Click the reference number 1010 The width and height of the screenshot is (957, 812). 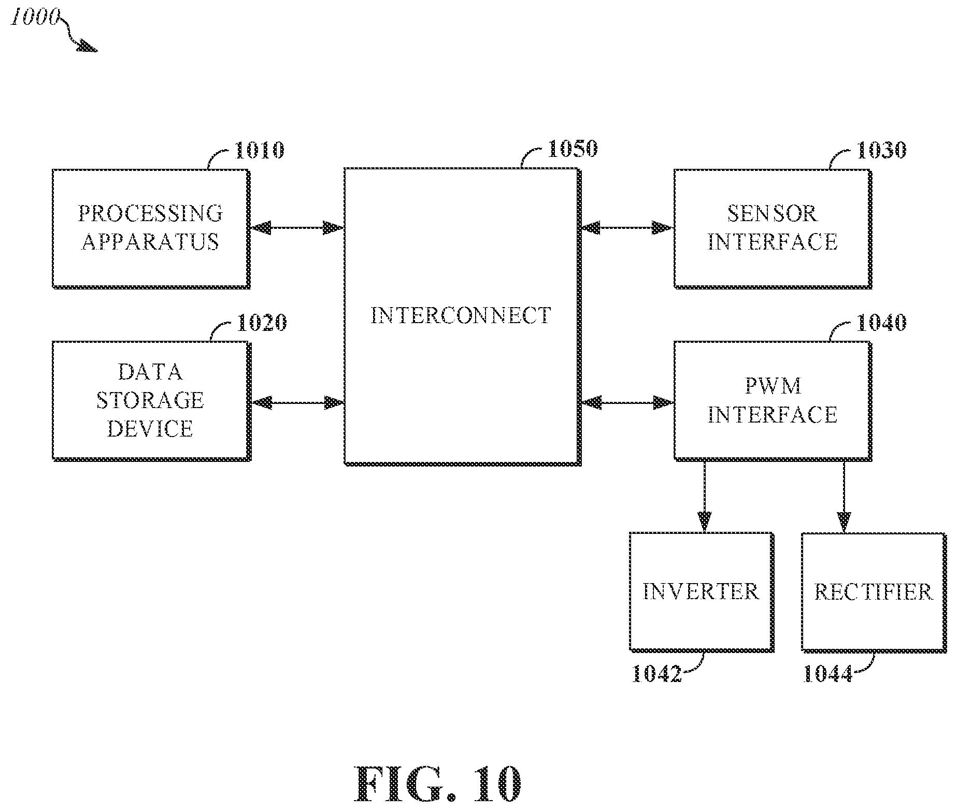(x=260, y=151)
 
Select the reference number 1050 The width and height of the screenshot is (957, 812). (x=573, y=149)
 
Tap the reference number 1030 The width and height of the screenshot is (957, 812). (x=881, y=151)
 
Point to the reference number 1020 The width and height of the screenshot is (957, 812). (x=262, y=323)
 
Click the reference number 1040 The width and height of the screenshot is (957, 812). (x=881, y=323)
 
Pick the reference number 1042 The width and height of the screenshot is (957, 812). (x=656, y=674)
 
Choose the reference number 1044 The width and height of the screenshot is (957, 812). (x=827, y=674)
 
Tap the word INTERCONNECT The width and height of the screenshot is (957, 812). (x=461, y=316)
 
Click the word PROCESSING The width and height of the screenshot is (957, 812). (x=151, y=213)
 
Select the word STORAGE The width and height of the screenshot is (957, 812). (x=151, y=400)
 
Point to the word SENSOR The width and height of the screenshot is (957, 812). (x=772, y=213)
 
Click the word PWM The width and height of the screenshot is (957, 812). (x=772, y=386)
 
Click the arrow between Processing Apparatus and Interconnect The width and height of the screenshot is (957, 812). (x=297, y=227)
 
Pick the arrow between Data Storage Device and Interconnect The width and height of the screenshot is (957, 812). (x=297, y=402)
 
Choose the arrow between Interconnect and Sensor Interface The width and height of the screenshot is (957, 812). (x=627, y=227)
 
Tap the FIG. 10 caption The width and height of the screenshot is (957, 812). (x=438, y=784)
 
